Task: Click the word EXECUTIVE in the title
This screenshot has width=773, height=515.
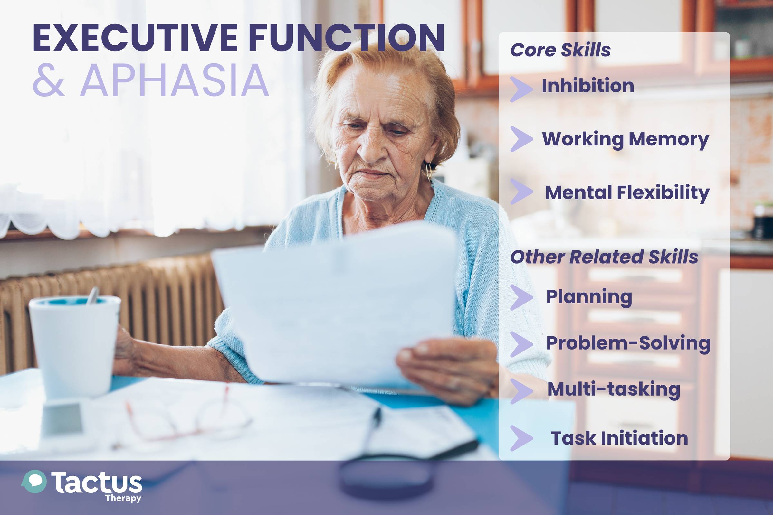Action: pyautogui.click(x=135, y=38)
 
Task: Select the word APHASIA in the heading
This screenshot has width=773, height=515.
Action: pyautogui.click(x=175, y=80)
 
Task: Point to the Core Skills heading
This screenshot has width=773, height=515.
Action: pyautogui.click(x=560, y=50)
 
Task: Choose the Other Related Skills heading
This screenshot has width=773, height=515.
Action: pyautogui.click(x=604, y=257)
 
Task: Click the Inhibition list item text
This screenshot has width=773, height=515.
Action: pyautogui.click(x=587, y=86)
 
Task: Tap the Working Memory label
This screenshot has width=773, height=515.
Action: pyautogui.click(x=625, y=140)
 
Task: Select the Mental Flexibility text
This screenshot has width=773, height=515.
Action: pyautogui.click(x=627, y=193)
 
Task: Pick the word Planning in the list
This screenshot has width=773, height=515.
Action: pyautogui.click(x=589, y=297)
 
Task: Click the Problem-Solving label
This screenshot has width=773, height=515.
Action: pyautogui.click(x=628, y=343)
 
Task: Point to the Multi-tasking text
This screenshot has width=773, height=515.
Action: pyautogui.click(x=614, y=390)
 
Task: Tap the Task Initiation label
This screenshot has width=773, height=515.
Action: pyautogui.click(x=619, y=438)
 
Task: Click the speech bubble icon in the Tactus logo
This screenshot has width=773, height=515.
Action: pyautogui.click(x=34, y=482)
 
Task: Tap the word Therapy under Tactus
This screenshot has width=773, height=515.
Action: pyautogui.click(x=123, y=498)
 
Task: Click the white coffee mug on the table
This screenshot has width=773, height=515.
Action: pyautogui.click(x=75, y=347)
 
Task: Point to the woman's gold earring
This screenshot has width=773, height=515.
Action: pyautogui.click(x=429, y=171)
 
